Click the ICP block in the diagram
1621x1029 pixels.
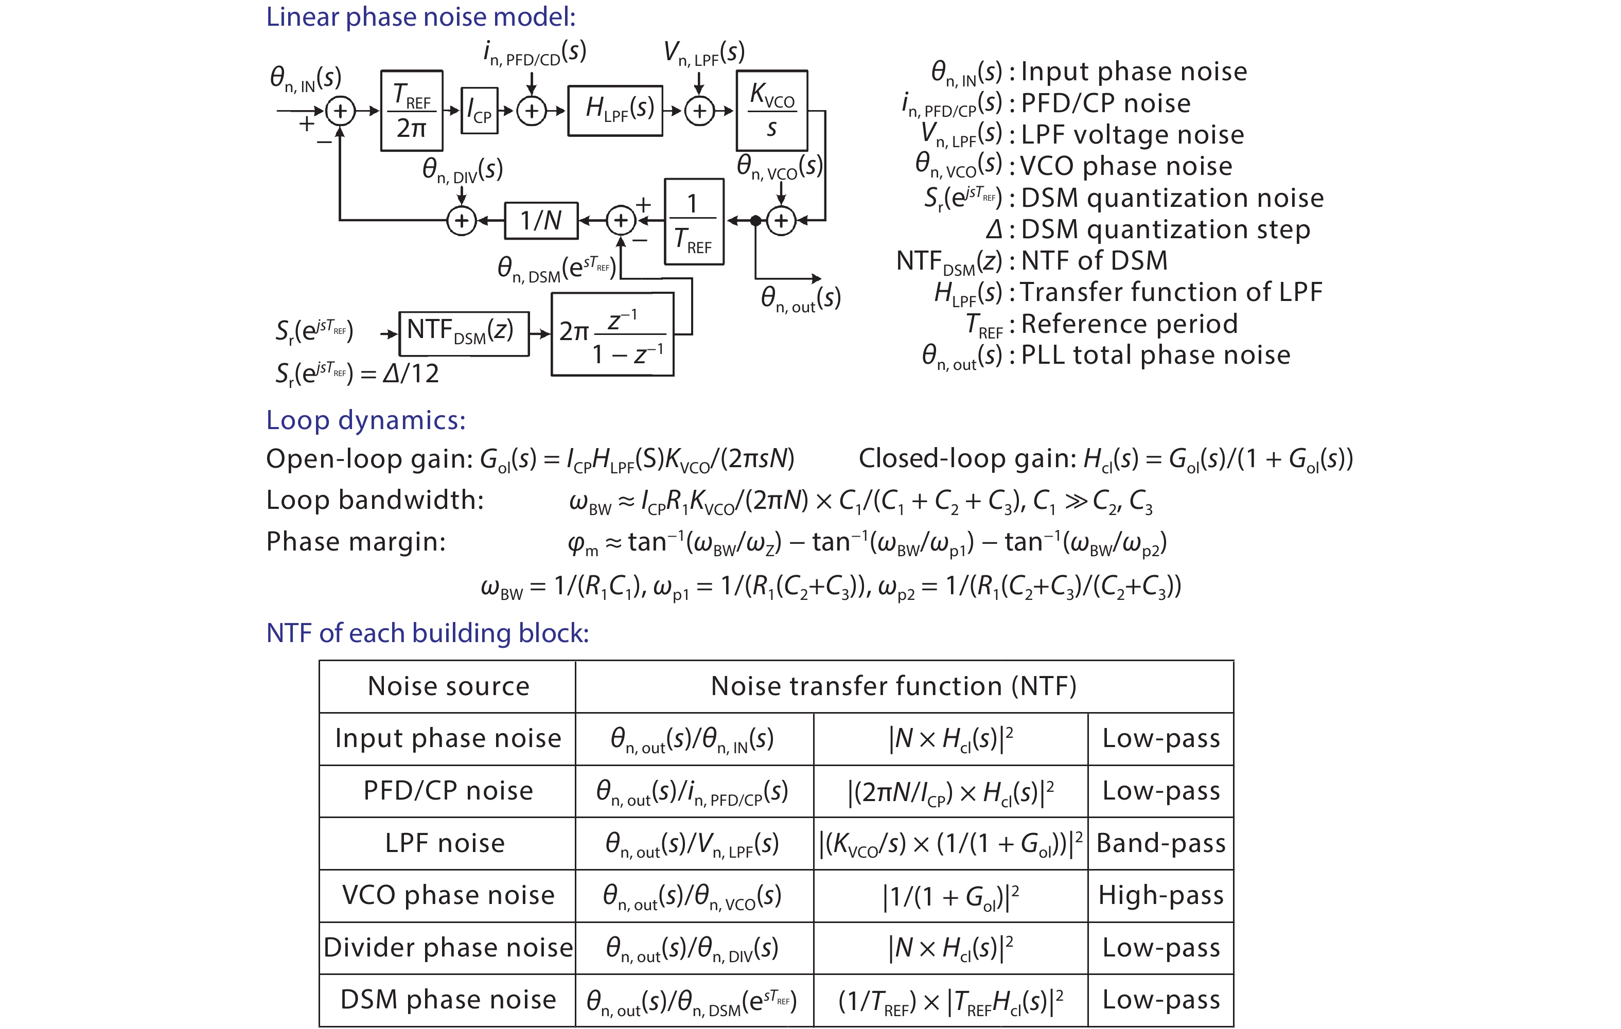point(479,111)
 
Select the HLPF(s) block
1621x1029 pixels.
point(615,111)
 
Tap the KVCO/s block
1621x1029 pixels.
point(771,111)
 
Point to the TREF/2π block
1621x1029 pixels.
point(411,111)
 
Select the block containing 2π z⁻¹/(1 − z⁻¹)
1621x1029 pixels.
point(612,334)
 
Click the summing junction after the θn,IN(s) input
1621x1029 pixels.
point(340,111)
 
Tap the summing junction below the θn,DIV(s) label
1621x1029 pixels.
point(461,220)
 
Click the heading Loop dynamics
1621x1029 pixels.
point(365,420)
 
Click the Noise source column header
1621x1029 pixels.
point(448,686)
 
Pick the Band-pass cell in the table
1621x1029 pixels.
point(1160,843)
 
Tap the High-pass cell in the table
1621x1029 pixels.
point(1160,896)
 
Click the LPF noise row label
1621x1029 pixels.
point(445,843)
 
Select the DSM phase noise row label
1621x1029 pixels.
point(448,1000)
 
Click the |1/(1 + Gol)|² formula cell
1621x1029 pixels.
point(950,896)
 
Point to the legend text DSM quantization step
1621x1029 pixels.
point(1165,229)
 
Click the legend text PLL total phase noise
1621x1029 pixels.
point(1155,356)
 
